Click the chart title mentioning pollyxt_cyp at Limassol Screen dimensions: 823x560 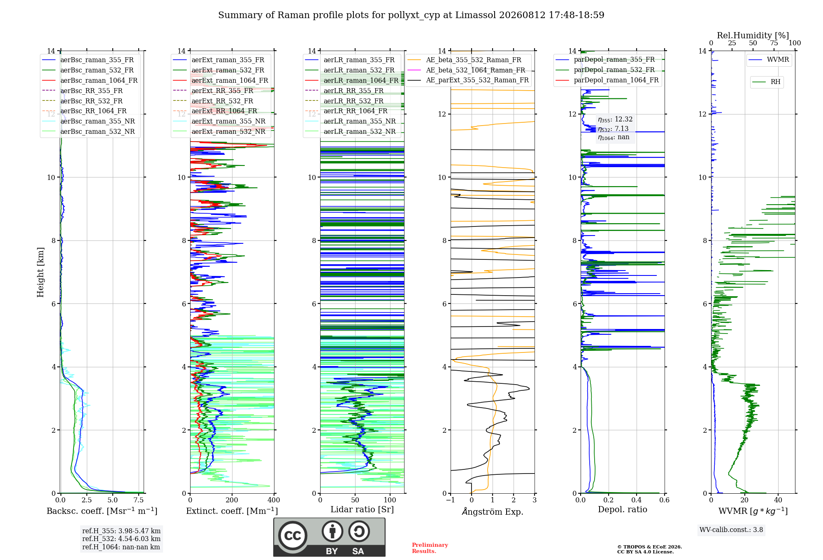point(411,15)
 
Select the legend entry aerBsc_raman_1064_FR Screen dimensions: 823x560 point(90,80)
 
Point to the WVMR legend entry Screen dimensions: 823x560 point(769,60)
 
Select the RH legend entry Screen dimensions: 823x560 point(766,82)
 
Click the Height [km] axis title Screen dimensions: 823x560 point(40,272)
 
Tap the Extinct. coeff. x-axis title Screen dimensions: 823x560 point(232,511)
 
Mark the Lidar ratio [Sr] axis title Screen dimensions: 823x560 point(362,509)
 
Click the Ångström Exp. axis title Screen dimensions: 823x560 point(493,511)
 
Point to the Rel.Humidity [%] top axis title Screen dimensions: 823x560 point(753,35)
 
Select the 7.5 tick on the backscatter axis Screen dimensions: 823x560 point(139,500)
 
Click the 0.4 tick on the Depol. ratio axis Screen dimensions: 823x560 point(637,500)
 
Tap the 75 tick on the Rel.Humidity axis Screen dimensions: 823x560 point(774,43)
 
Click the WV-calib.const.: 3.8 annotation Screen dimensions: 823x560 point(731,530)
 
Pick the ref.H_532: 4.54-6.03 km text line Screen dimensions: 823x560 point(121,539)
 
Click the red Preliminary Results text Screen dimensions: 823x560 point(430,548)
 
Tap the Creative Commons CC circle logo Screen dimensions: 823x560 point(293,536)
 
